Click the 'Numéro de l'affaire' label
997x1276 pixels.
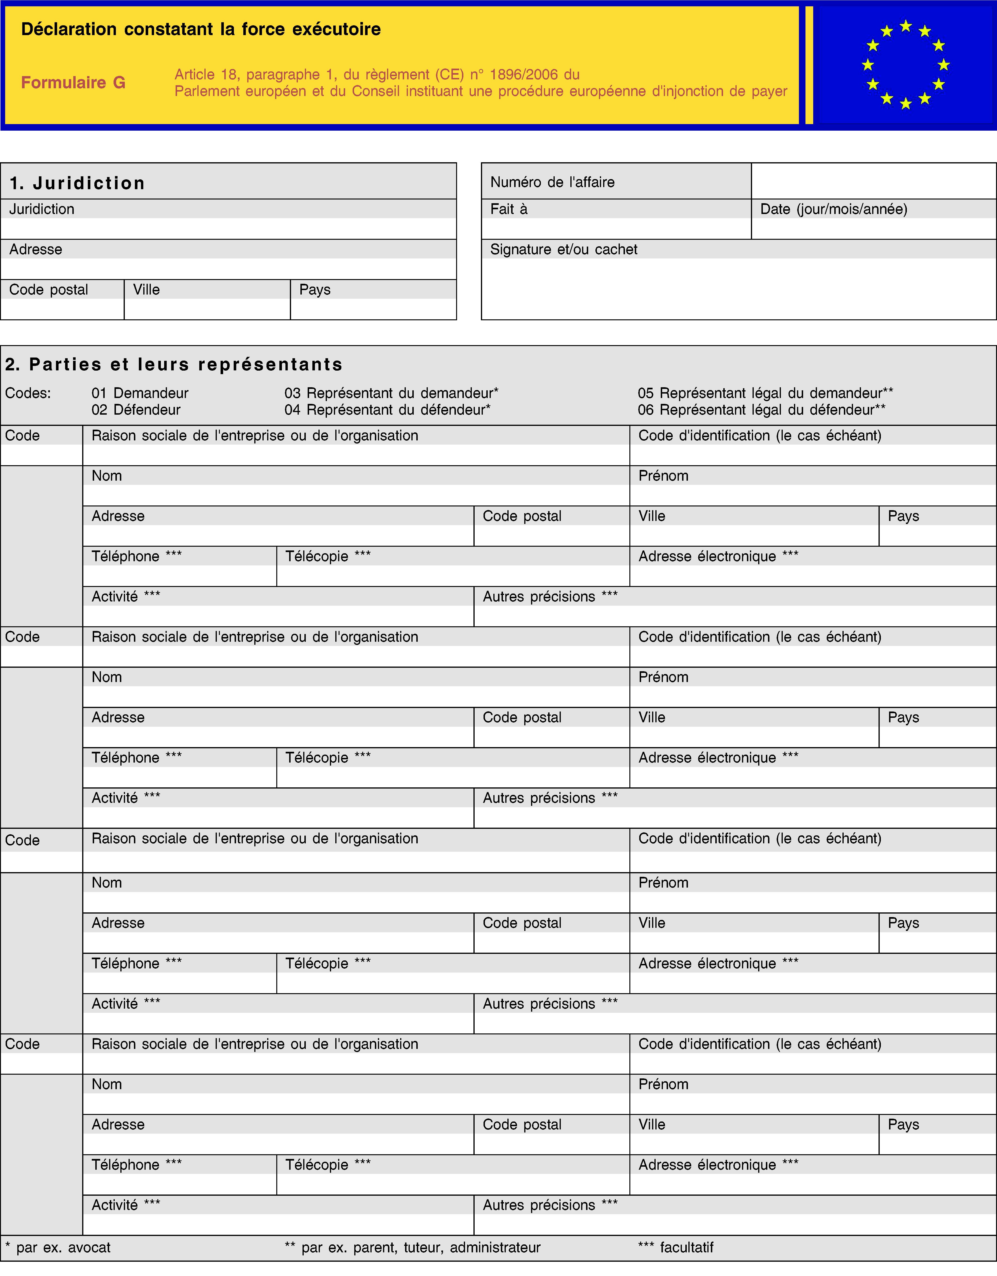552,182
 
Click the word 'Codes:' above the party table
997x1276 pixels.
28,393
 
